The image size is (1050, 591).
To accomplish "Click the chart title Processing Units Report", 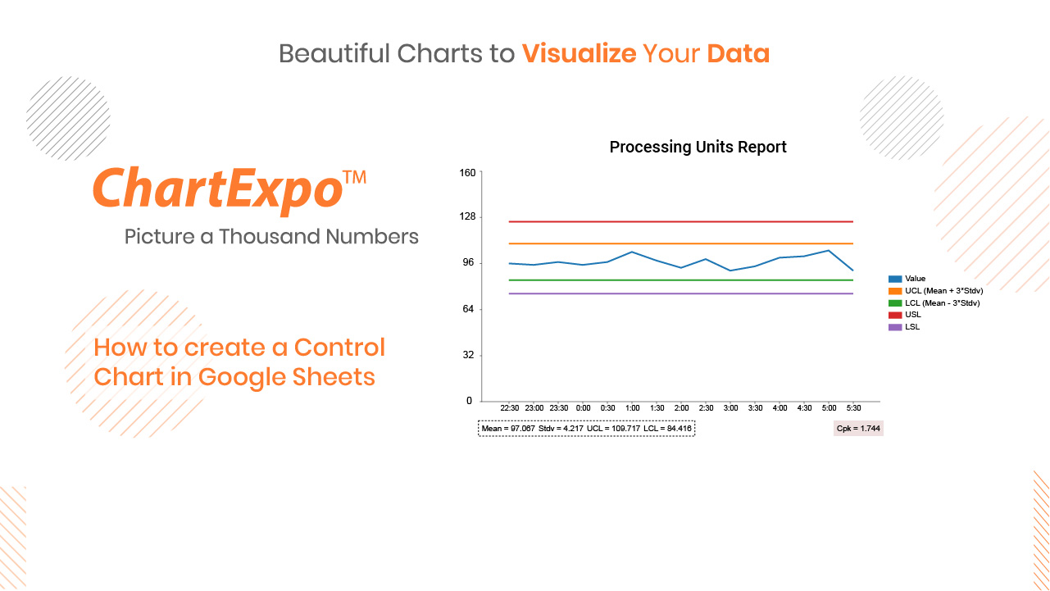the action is (698, 148).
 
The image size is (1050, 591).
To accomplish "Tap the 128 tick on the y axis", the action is (467, 216).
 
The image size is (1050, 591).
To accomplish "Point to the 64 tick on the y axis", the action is (468, 309).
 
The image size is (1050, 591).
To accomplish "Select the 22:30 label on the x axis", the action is (510, 408).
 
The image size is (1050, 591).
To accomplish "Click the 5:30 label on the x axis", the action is (853, 408).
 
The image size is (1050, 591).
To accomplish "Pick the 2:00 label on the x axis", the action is (682, 408).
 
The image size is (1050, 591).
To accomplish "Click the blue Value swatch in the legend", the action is (895, 279).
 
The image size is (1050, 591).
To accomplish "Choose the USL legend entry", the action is (905, 315).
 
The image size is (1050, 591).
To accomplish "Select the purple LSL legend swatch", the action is (895, 327).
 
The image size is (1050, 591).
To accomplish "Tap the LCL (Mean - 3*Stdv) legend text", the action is (942, 303).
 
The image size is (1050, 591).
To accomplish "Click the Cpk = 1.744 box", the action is (858, 429).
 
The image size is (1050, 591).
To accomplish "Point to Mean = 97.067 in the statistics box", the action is (508, 429).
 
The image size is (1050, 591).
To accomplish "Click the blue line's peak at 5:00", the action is (829, 251).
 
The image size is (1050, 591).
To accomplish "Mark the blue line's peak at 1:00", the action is (632, 252).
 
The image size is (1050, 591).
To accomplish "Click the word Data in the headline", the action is (739, 53).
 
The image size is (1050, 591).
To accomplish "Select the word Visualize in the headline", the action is (580, 53).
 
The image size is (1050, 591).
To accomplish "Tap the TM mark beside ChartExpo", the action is (354, 177).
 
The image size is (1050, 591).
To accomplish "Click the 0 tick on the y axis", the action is (469, 401).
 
